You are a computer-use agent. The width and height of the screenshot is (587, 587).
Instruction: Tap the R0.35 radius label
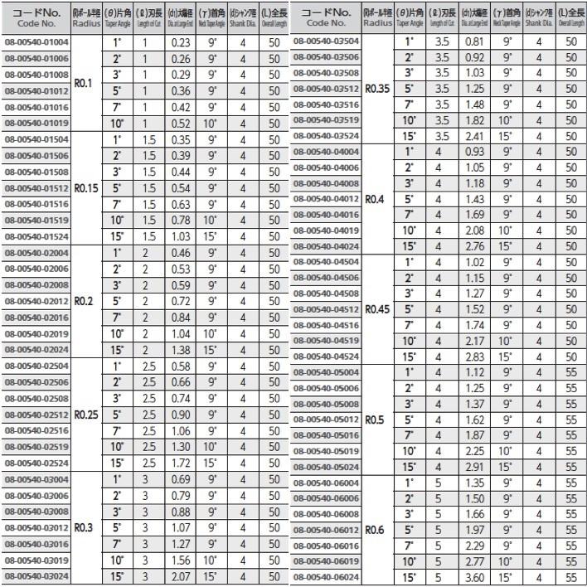[377, 88]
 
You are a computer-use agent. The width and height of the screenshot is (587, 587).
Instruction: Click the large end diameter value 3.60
[474, 577]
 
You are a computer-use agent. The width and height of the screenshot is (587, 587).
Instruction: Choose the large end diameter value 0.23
[180, 42]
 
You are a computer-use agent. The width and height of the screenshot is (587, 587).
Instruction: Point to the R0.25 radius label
[86, 415]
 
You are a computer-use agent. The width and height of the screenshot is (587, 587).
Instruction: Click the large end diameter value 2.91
[474, 466]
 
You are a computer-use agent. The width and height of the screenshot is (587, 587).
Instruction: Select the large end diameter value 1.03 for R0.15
[180, 236]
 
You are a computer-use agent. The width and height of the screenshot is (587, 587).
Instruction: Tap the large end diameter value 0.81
[474, 41]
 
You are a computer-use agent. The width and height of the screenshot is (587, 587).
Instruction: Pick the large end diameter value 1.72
[180, 463]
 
